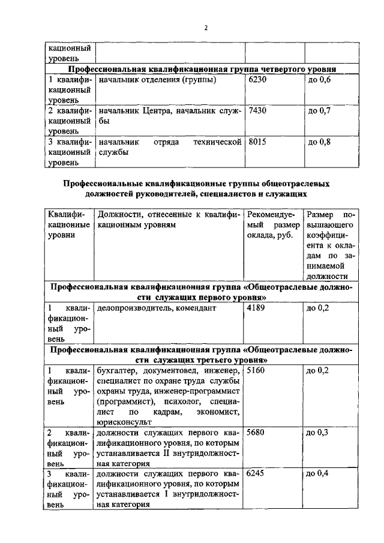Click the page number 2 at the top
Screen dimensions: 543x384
pyautogui.click(x=206, y=28)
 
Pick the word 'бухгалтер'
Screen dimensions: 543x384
pyautogui.click(x=117, y=371)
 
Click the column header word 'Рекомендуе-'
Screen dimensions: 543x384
pyautogui.click(x=271, y=215)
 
